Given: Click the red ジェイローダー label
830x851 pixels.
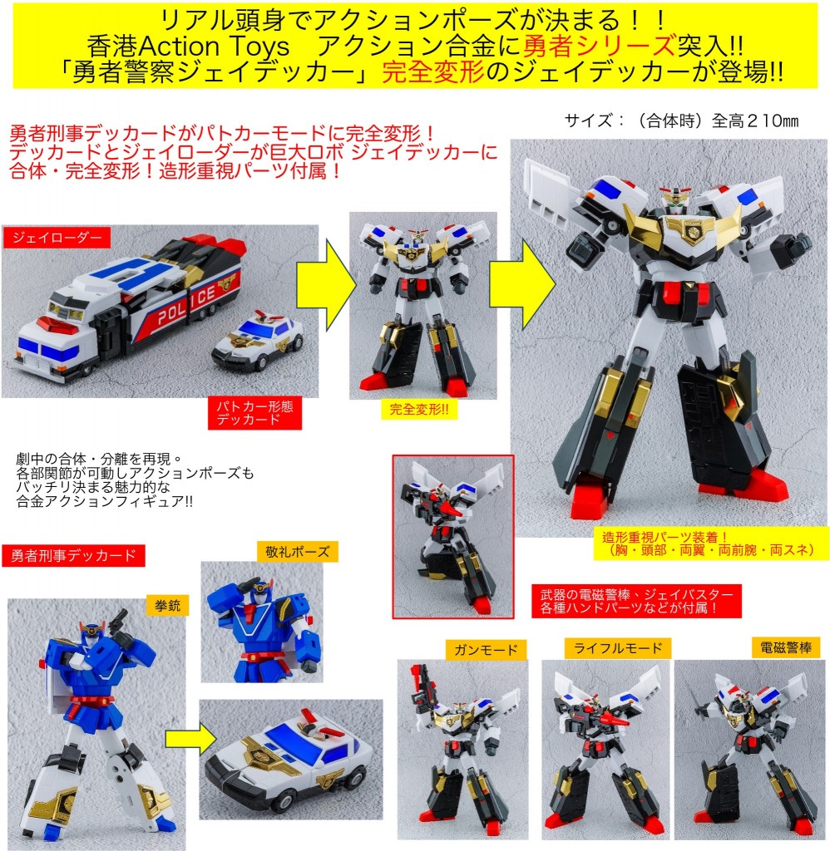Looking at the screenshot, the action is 57,237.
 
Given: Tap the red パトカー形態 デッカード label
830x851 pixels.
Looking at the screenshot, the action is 254,413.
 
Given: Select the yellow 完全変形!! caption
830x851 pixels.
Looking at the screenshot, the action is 419,409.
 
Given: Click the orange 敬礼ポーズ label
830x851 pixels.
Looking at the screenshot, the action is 298,552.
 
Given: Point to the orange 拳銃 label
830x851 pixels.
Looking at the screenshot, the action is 167,605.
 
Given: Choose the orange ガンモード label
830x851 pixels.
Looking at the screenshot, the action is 487,650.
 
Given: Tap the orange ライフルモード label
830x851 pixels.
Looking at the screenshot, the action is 618,647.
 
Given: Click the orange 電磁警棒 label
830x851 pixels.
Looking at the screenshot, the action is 785,647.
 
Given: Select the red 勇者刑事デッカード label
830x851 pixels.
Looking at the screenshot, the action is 73,555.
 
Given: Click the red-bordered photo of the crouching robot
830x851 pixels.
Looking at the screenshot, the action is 453,537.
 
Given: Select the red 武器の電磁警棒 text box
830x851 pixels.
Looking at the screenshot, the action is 636,601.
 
